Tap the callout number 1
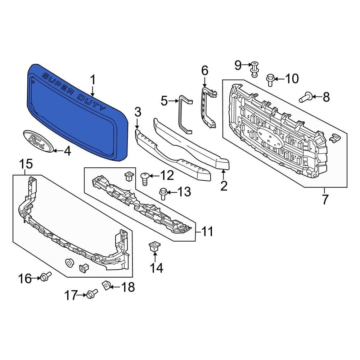click(93, 80)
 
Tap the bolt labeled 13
click(162, 193)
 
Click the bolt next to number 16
click(45, 277)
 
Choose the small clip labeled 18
click(106, 285)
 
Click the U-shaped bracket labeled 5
click(185, 114)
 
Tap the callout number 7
click(325, 199)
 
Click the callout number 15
click(26, 164)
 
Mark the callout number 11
click(207, 231)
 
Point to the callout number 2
click(224, 186)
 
